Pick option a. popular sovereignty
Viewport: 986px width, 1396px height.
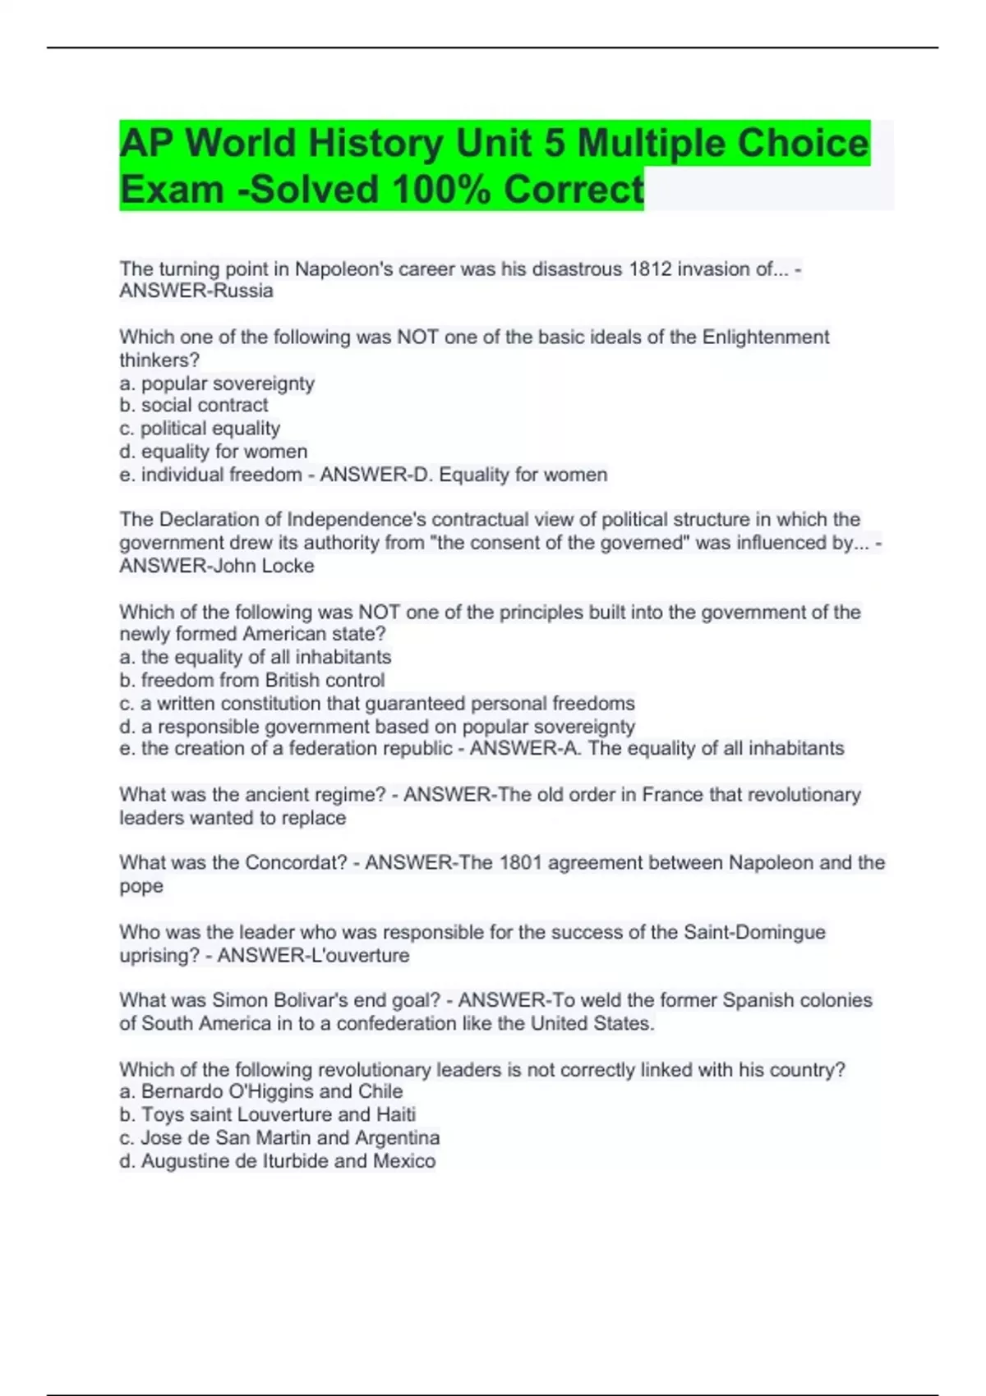(217, 383)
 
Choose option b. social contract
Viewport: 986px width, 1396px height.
(194, 406)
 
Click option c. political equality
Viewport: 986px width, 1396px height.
(200, 429)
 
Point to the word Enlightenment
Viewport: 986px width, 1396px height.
(765, 338)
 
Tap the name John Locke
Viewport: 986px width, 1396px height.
(265, 566)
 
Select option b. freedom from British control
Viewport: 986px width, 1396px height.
(251, 680)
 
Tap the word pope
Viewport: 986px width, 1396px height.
(141, 887)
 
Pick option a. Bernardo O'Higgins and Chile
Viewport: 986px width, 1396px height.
(261, 1091)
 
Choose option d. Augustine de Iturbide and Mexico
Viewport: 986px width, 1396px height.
(278, 1161)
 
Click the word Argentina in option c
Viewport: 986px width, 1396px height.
(397, 1138)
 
